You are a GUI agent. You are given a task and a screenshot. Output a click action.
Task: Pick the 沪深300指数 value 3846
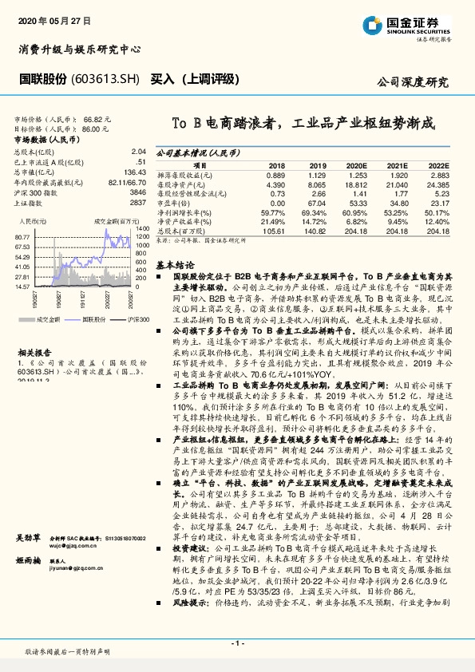click(137, 193)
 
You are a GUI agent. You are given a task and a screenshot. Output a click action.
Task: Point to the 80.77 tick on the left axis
click(23, 238)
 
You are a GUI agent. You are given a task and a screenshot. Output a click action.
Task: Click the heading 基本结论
click(175, 263)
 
